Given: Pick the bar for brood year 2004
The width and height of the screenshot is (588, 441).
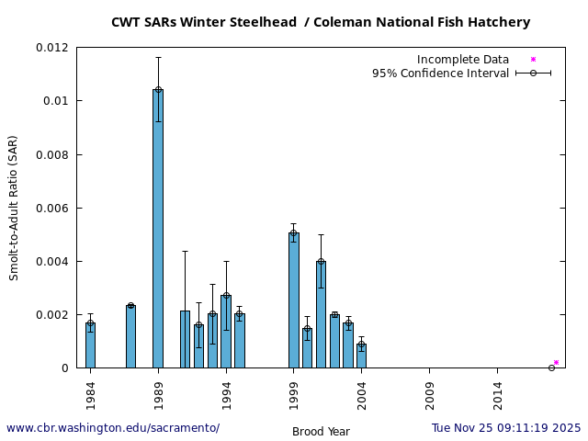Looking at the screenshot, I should (x=361, y=356).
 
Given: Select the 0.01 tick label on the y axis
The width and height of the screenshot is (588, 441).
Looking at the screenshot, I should (x=55, y=101).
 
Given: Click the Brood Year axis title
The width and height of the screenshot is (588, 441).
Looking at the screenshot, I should (x=321, y=432).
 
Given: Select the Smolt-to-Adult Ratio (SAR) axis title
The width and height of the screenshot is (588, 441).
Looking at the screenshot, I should (x=14, y=208).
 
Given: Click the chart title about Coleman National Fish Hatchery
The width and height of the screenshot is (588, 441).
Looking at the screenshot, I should (x=321, y=22).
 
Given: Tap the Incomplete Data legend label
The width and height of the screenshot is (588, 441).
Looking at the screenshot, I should (x=463, y=60).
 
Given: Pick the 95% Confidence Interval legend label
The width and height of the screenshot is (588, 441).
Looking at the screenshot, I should (x=440, y=73).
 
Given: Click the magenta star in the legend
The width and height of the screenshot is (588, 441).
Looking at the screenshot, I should (x=533, y=60).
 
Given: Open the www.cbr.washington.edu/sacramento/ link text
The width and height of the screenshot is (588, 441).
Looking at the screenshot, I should (x=113, y=428).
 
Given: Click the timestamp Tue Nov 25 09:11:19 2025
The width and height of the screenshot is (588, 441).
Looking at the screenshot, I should (x=506, y=428).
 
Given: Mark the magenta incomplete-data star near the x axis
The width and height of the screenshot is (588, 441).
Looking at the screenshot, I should (x=556, y=363).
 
